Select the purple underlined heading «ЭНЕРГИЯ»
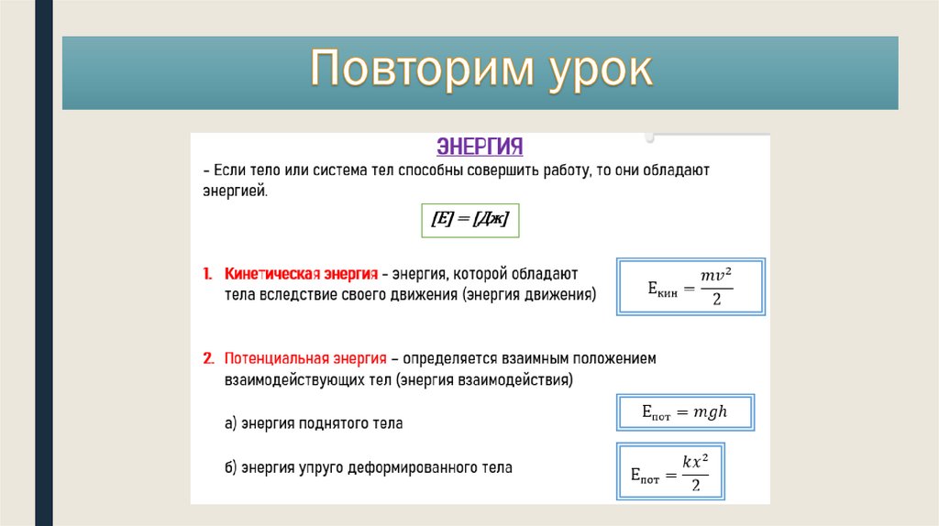pos(480,148)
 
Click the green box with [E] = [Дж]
pos(469,221)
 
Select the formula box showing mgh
pos(685,412)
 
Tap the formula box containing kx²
pos(671,472)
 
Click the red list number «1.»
pos(208,274)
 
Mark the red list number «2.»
pos(208,358)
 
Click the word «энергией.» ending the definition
pos(235,191)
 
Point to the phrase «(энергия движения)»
pos(530,295)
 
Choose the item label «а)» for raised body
pos(231,424)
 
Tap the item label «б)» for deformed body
pos(231,467)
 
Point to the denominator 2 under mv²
pos(716,300)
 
